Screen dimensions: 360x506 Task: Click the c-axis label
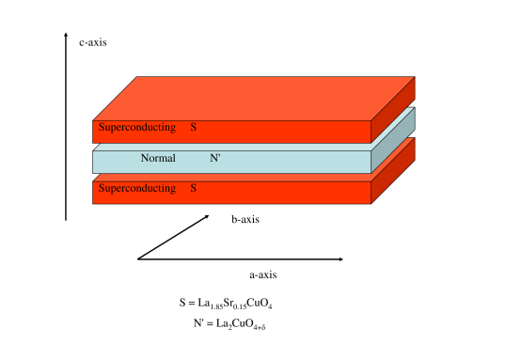click(92, 42)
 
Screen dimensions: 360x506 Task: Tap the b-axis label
click(245, 220)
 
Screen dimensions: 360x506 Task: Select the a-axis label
click(262, 274)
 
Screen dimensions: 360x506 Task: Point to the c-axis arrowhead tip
click(66, 34)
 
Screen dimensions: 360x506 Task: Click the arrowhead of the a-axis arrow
click(341, 258)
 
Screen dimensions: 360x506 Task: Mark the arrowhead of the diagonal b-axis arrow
click(207, 217)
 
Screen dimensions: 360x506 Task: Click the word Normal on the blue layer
click(158, 158)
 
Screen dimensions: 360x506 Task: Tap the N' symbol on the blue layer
click(215, 158)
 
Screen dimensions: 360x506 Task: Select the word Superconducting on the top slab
click(137, 127)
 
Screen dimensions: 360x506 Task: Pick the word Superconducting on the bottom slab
click(137, 189)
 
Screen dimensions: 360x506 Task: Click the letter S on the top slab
click(193, 127)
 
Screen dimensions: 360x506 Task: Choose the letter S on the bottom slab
click(193, 189)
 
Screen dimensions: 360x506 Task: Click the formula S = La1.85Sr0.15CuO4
click(226, 304)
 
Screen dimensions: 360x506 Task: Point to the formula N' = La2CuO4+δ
click(229, 324)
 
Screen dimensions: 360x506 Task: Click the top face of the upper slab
click(254, 98)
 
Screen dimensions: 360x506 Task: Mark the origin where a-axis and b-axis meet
click(137, 258)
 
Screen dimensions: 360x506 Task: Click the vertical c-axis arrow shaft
click(66, 132)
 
